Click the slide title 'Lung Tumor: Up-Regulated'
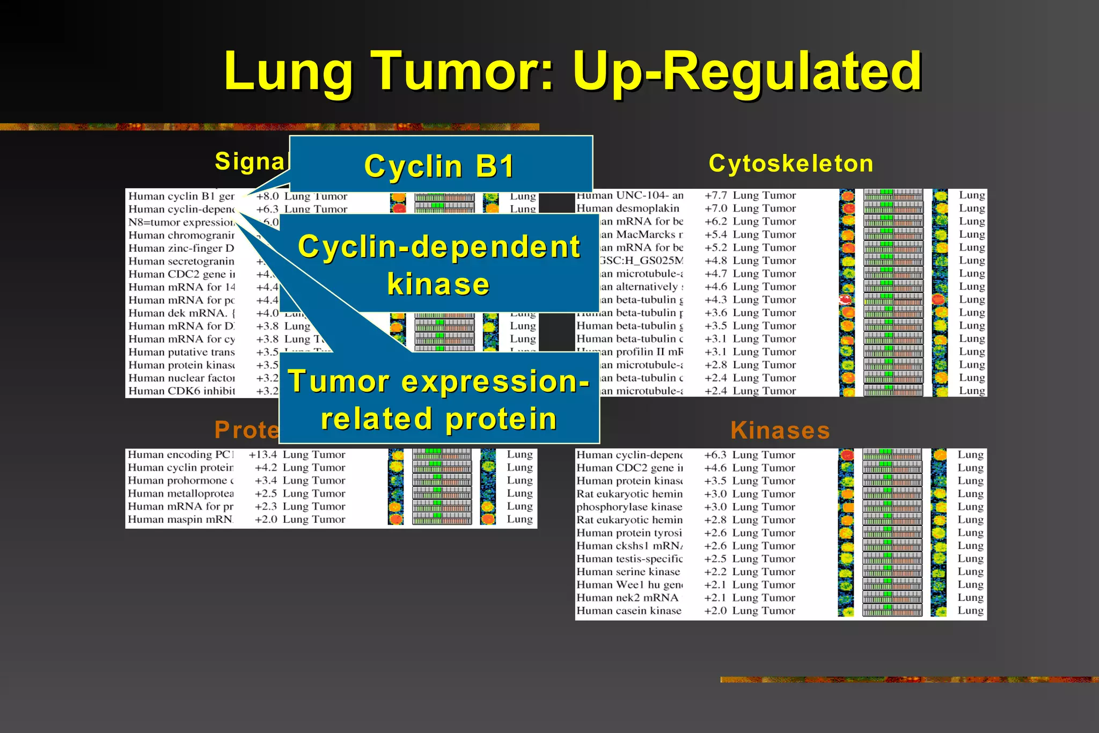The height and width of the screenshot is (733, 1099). coord(573,71)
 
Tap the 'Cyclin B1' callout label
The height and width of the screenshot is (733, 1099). coord(439,166)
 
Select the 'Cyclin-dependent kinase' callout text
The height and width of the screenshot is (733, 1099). coord(438,265)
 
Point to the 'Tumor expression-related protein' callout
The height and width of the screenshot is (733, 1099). coord(438,400)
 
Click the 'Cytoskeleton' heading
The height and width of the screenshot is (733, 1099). coord(790,163)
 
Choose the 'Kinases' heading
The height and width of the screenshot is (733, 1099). coord(780,430)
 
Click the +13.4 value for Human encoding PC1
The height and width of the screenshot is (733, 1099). coord(263,455)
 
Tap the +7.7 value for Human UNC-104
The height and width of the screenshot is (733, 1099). coord(716,195)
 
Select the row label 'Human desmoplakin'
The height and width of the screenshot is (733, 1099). coord(628,208)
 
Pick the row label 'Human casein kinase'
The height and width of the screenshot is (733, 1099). coord(629,611)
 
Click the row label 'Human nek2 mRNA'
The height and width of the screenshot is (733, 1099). coord(627,598)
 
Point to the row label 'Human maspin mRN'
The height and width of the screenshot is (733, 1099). coord(180,519)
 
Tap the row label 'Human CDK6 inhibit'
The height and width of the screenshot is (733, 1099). coord(181,391)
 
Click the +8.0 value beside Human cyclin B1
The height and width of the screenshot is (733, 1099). coord(267,196)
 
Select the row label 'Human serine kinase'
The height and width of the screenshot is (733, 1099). coord(628,572)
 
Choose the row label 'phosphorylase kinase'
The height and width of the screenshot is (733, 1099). coord(629,507)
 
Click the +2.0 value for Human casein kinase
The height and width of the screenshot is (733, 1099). coord(715,611)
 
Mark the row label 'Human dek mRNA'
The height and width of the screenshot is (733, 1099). coord(181,313)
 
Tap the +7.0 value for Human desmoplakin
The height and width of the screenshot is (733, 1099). coord(716,208)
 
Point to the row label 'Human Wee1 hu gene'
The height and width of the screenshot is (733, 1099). coord(629,585)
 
